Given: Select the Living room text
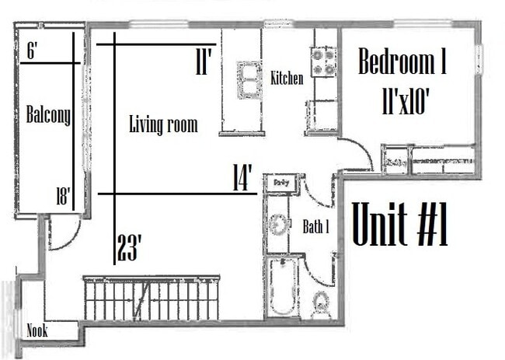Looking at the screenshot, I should tap(162, 124).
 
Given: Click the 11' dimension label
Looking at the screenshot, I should tap(204, 62).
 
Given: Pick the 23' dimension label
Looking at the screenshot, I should tap(129, 248).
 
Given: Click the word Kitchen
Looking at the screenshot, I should tap(287, 78).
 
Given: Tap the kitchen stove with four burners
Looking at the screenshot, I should tap(323, 61).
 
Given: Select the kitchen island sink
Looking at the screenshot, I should tap(249, 79).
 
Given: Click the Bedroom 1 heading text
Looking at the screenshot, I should tap(402, 63).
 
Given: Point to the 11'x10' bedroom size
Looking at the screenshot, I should tap(406, 102).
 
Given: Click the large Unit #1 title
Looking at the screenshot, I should tap(400, 224).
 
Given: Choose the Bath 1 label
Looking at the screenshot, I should tap(316, 227).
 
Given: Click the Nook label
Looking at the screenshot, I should tap(37, 331).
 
